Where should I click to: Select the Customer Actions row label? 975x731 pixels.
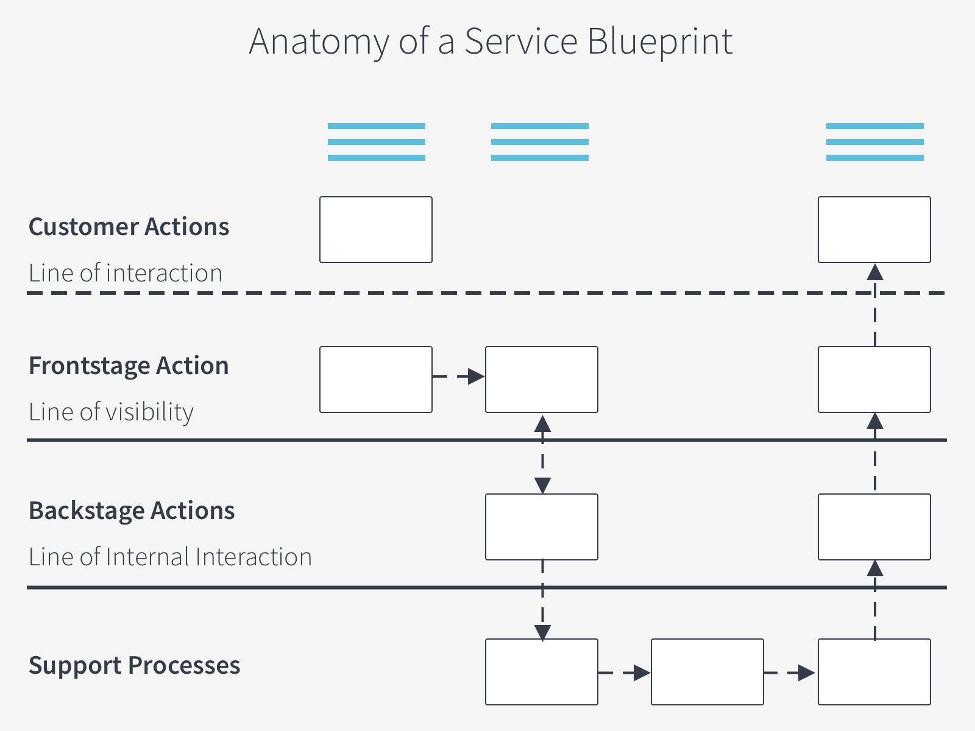pyautogui.click(x=129, y=227)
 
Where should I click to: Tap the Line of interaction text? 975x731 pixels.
pyautogui.click(x=125, y=273)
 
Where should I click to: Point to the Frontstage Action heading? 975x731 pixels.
pyautogui.click(x=129, y=365)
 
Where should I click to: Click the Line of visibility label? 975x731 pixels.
pyautogui.click(x=111, y=412)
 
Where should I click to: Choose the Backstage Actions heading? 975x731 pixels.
pyautogui.click(x=131, y=510)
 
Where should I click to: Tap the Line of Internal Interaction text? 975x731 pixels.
pyautogui.click(x=170, y=557)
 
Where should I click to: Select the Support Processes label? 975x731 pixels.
pyautogui.click(x=134, y=665)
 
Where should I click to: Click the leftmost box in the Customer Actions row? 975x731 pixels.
pyautogui.click(x=376, y=230)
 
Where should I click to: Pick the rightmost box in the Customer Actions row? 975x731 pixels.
pyautogui.click(x=874, y=230)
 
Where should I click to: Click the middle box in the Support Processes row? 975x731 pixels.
pyautogui.click(x=707, y=672)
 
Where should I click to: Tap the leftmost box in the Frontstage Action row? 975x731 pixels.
pyautogui.click(x=376, y=380)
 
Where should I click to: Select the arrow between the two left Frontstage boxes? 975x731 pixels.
pyautogui.click(x=458, y=376)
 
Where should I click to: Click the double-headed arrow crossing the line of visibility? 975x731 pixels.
pyautogui.click(x=542, y=454)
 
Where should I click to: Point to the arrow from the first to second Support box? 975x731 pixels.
pyautogui.click(x=624, y=673)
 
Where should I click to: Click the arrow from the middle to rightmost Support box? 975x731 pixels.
pyautogui.click(x=790, y=673)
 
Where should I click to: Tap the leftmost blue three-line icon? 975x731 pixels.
pyautogui.click(x=376, y=142)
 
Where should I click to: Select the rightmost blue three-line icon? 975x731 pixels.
pyautogui.click(x=874, y=142)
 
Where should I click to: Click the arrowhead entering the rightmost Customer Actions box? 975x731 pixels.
pyautogui.click(x=874, y=272)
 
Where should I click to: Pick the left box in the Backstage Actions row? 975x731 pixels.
pyautogui.click(x=542, y=527)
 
